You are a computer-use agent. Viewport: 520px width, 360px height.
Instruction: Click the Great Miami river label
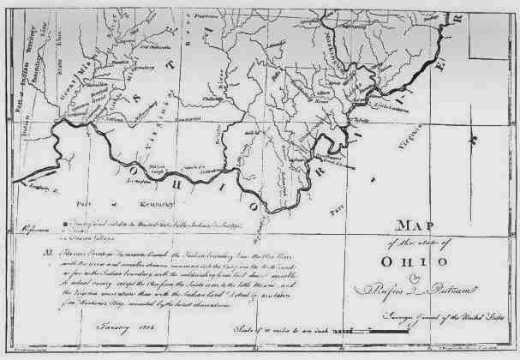[65, 74]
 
